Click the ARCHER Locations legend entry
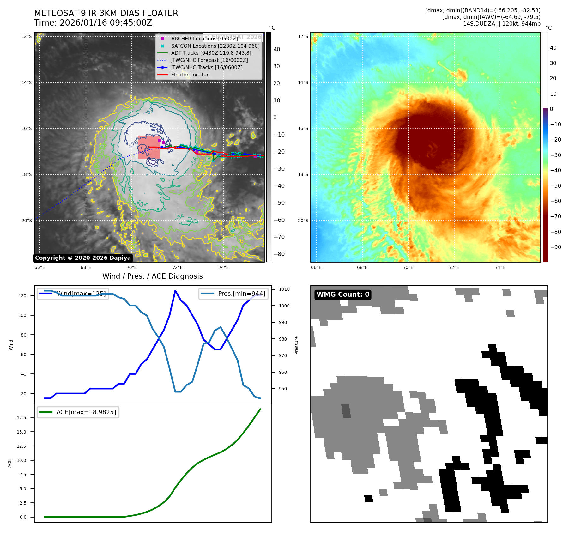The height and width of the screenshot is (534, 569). [x=204, y=39]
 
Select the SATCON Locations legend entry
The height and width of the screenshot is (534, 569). [x=215, y=46]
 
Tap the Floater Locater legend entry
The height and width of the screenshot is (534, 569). [x=190, y=75]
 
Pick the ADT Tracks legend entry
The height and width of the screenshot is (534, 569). [x=211, y=53]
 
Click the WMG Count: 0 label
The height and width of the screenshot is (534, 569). [x=343, y=294]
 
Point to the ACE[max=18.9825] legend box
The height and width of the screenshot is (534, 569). [x=78, y=412]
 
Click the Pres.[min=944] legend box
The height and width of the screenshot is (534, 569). [x=233, y=294]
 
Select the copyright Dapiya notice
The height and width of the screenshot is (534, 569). [x=83, y=258]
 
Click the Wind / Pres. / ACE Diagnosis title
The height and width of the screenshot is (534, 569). [x=152, y=276]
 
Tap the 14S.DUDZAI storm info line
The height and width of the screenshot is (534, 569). [x=501, y=24]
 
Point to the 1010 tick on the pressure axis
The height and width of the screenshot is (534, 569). [x=284, y=289]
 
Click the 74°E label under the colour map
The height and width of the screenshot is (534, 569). [x=500, y=267]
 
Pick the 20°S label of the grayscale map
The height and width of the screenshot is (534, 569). [x=27, y=221]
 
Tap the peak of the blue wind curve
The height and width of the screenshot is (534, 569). [x=175, y=290]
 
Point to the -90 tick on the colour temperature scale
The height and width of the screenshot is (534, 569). [x=555, y=247]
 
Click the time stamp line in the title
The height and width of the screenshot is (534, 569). [x=93, y=23]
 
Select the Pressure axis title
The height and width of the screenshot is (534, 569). [x=296, y=345]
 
